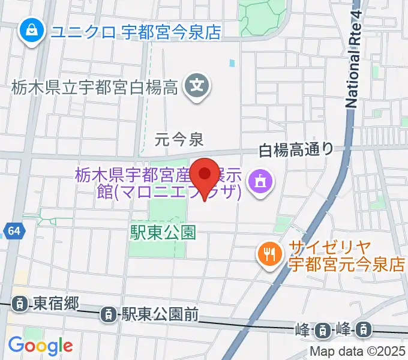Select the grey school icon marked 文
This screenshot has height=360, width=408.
[197, 86]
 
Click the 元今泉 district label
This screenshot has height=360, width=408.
[179, 140]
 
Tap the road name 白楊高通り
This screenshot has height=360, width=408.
[296, 149]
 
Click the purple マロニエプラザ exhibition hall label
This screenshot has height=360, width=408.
[159, 184]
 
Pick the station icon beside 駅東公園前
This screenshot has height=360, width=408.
[109, 313]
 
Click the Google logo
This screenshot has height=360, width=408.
[40, 345]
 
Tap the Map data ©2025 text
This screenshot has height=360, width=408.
[358, 352]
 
